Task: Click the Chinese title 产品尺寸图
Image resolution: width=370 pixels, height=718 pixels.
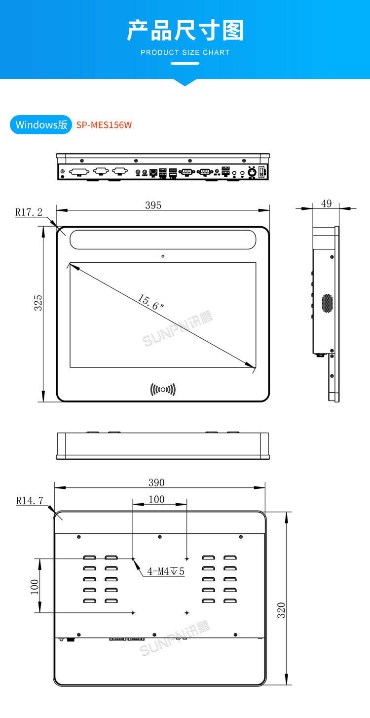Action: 185,31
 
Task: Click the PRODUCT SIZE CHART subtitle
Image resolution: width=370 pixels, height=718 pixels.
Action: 185,52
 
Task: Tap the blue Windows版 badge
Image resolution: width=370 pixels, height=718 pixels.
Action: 41,124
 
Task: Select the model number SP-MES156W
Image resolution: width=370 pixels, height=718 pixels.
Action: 104,125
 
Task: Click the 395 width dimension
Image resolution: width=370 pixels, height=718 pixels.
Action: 153,205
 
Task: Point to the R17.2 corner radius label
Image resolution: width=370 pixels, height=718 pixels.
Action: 29,212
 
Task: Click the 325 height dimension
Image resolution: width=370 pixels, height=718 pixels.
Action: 38,303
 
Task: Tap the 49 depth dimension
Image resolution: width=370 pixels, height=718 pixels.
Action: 326,203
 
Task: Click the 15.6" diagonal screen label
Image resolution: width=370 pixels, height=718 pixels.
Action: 150,302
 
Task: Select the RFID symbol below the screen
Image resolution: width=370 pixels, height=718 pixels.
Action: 163,390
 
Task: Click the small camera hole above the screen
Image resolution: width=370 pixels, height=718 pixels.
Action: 163,256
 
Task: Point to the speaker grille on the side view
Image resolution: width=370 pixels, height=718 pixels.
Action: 328,303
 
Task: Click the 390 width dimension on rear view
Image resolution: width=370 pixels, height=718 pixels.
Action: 156,482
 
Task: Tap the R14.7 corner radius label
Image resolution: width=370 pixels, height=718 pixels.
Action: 30,500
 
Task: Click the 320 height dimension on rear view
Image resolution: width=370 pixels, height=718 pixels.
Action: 281,610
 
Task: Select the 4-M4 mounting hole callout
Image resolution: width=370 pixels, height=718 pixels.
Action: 165,571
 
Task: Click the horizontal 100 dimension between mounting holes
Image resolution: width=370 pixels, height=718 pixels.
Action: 156,499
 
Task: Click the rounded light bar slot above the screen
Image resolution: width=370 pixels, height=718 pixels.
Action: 163,239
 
